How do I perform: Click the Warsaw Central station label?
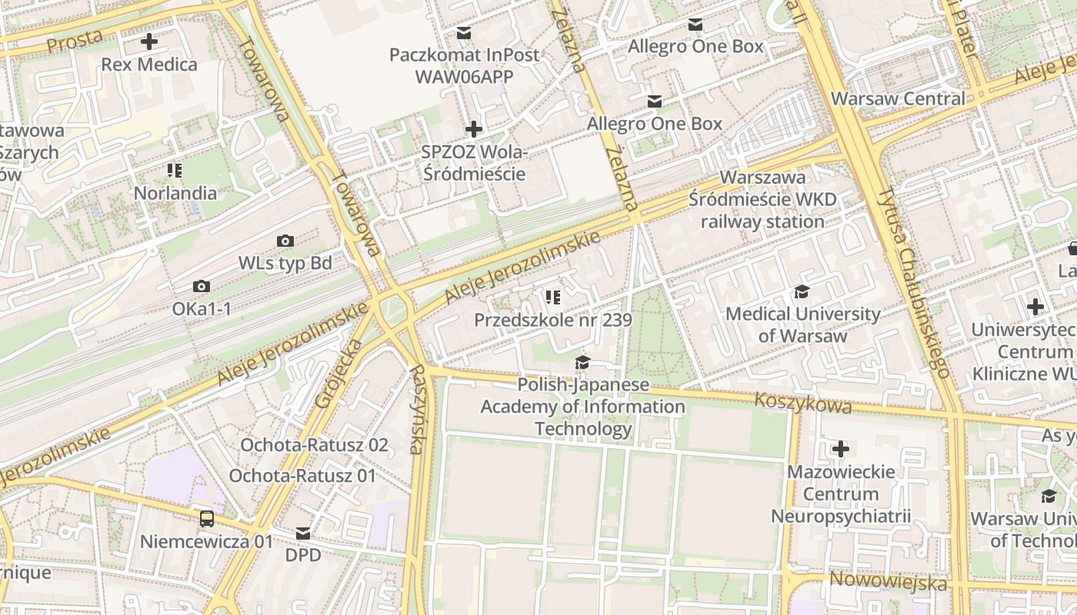897,98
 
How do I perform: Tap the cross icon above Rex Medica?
149,42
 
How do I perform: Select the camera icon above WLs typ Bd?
285,241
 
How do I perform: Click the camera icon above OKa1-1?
202,287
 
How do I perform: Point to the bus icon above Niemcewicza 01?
207,518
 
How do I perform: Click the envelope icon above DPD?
304,533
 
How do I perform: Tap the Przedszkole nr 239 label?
552,320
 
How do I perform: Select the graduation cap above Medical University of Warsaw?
802,291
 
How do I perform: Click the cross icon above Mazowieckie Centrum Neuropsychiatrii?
841,448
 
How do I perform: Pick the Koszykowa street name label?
802,403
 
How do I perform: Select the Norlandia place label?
175,192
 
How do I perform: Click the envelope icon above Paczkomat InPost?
464,33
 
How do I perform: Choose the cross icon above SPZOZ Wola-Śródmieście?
474,129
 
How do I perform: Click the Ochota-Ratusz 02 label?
314,445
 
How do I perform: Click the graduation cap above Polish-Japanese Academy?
583,362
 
